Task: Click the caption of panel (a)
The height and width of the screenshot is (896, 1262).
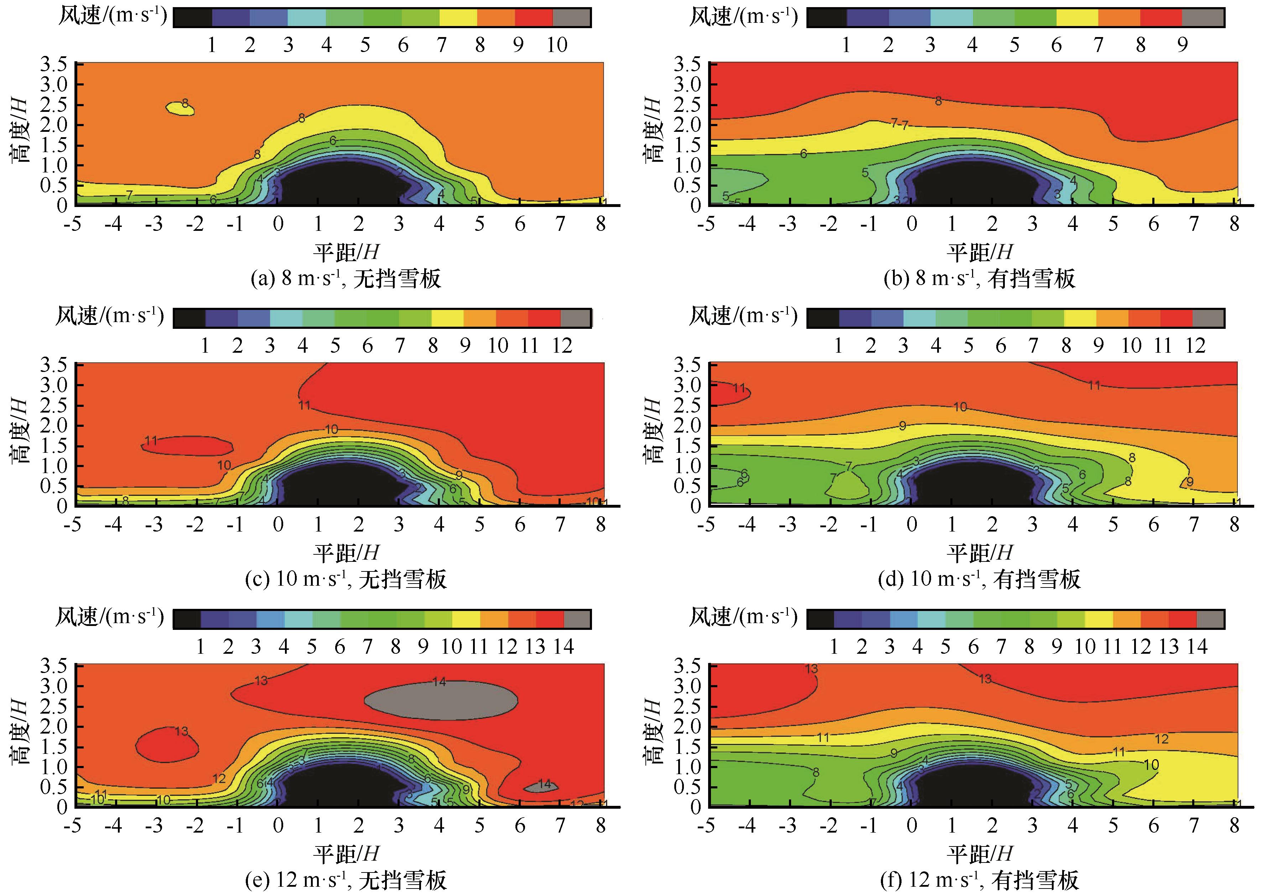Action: (346, 279)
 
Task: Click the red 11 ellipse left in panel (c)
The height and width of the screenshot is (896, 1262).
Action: (187, 445)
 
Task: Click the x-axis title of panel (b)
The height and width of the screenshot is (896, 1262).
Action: (980, 252)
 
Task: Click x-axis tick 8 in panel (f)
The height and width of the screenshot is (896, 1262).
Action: (1234, 825)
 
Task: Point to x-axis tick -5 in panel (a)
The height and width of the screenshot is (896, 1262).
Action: (72, 224)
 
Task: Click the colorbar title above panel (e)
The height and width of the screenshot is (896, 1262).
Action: (110, 617)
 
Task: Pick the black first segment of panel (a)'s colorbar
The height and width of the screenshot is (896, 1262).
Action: (192, 18)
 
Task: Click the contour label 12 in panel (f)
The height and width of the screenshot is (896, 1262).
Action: (1161, 739)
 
